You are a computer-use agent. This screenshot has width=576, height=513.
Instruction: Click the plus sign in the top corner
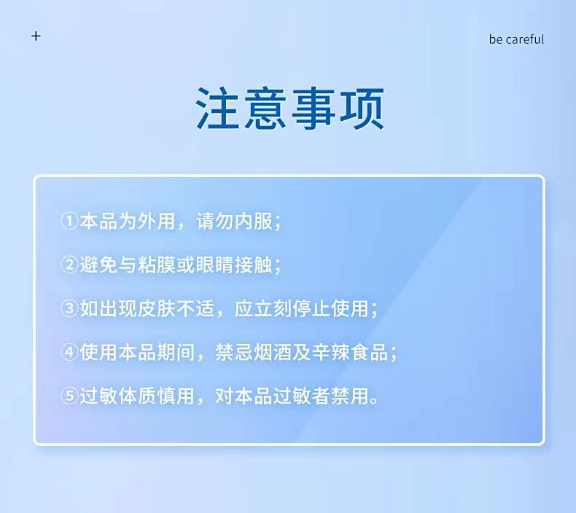(x=36, y=36)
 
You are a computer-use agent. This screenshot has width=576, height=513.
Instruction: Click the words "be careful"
(x=516, y=39)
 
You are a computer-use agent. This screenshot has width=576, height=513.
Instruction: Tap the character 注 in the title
(x=217, y=109)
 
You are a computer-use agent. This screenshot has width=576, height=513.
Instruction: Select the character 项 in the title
(x=362, y=109)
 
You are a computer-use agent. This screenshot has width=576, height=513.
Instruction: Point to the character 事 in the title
(x=314, y=109)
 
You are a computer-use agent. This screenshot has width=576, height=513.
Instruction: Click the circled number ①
(x=69, y=221)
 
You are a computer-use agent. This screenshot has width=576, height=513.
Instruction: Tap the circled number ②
(x=69, y=265)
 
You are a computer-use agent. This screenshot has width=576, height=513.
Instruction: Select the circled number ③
(x=69, y=308)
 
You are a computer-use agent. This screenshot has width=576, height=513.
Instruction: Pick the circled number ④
(x=69, y=352)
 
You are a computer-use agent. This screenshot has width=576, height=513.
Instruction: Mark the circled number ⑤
(x=69, y=396)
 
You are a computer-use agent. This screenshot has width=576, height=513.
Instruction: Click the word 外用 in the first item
(x=156, y=221)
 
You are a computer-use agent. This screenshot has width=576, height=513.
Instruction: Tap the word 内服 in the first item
(x=253, y=221)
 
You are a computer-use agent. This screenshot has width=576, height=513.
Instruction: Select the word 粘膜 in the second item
(x=156, y=265)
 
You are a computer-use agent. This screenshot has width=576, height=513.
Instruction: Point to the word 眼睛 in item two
(x=214, y=265)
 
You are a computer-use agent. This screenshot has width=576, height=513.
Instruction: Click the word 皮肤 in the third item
(x=156, y=308)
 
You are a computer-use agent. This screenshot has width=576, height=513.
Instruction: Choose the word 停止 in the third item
(x=311, y=308)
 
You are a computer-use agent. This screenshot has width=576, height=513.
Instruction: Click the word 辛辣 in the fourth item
(x=330, y=352)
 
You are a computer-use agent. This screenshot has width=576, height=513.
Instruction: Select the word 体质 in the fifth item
(x=137, y=396)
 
